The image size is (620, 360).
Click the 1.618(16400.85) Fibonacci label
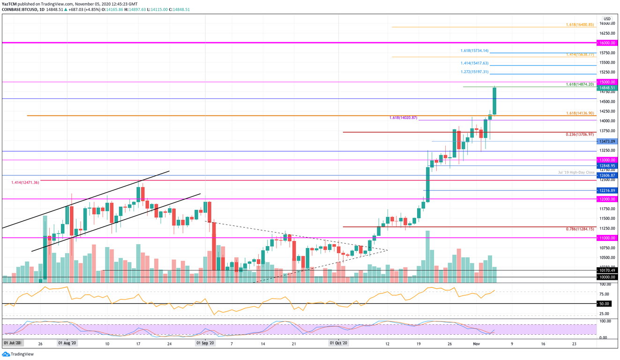(580, 24)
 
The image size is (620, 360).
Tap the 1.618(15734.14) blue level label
(474, 51)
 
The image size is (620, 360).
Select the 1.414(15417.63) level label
(474, 63)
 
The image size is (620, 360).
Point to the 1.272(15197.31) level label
(474, 72)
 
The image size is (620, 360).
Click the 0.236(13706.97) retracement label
(580, 135)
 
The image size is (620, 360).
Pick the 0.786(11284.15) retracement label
(580, 229)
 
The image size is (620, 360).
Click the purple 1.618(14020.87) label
(403, 118)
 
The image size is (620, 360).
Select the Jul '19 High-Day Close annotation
(576, 172)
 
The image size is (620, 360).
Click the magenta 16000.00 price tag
(606, 43)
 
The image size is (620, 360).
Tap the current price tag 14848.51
(606, 88)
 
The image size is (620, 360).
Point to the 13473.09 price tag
(606, 141)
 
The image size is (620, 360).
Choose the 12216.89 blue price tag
(606, 191)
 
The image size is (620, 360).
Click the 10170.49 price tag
(606, 270)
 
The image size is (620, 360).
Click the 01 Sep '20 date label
(205, 343)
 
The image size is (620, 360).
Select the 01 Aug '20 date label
(67, 343)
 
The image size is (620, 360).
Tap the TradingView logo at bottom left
(18, 354)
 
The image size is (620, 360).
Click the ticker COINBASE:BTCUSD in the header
(20, 8)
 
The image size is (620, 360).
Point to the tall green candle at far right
(494, 101)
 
